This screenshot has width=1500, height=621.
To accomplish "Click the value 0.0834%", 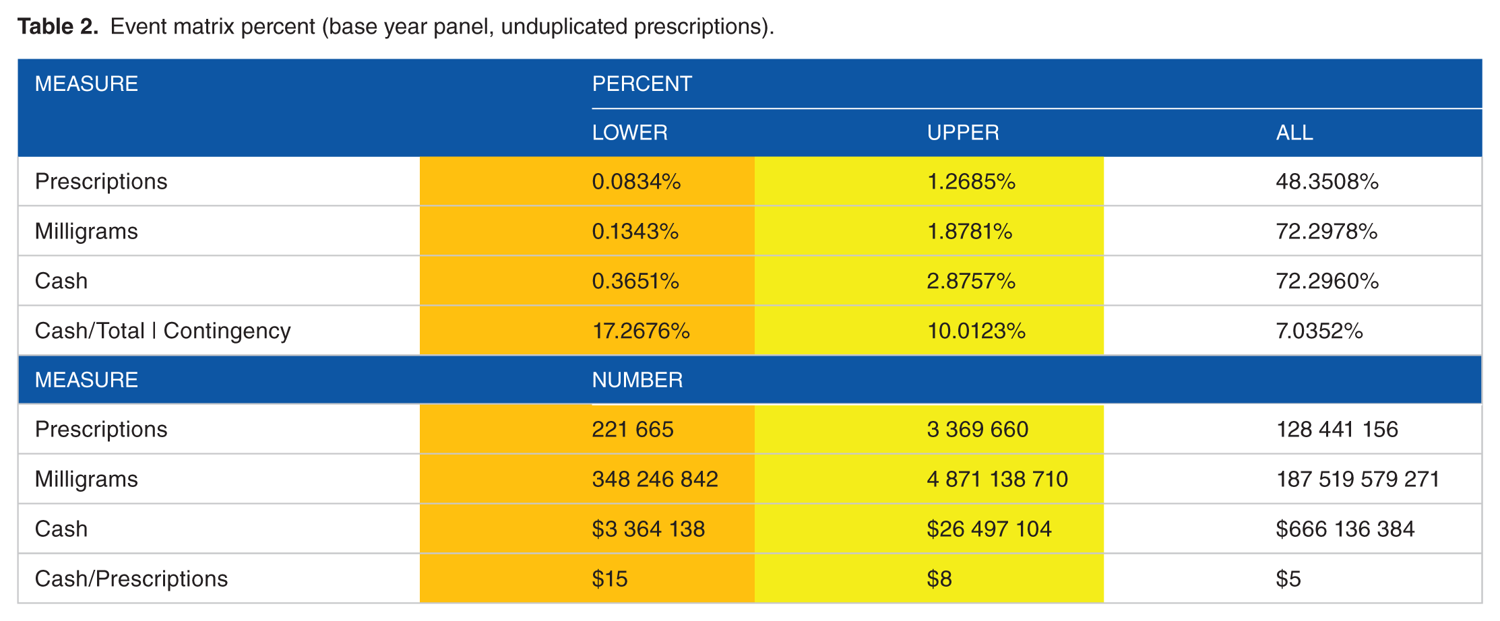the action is [x=636, y=182].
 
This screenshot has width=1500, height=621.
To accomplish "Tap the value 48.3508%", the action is [x=1327, y=182].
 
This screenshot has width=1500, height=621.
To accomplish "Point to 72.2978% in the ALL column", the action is [x=1326, y=232].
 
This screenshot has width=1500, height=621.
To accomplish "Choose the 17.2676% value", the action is [x=641, y=331].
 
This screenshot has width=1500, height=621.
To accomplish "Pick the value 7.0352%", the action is [x=1319, y=331].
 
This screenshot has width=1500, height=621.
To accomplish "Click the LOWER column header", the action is [x=629, y=133].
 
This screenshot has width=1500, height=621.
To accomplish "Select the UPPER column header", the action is [x=963, y=133].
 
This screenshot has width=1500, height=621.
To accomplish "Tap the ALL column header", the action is [x=1294, y=133].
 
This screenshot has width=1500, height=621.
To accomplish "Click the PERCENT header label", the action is [x=642, y=84].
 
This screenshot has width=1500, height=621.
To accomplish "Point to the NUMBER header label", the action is [x=637, y=380].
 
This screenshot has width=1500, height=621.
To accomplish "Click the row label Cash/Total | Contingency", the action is [x=162, y=331].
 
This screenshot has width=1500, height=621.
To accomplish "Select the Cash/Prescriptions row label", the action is [x=131, y=579].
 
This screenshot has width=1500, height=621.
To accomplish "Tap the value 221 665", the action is [x=632, y=430].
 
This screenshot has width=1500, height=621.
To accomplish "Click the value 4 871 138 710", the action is [x=997, y=480].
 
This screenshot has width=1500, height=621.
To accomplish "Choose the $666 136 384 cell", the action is [x=1344, y=529].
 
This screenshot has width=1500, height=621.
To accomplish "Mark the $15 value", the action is [x=609, y=579].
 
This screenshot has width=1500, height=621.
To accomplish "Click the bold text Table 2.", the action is [x=58, y=26].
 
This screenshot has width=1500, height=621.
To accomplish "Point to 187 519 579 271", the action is [x=1357, y=480].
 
